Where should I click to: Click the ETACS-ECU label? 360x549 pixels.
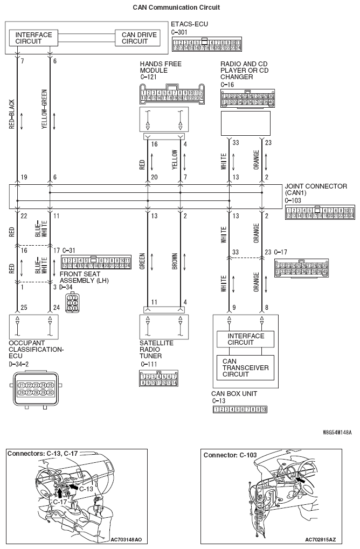[x=189, y=24]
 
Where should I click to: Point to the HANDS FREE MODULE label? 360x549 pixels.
[x=161, y=67]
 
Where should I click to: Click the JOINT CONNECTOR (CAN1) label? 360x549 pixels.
[x=315, y=190]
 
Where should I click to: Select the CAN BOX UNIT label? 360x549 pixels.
[x=234, y=394]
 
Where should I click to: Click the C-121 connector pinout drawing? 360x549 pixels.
[x=171, y=94]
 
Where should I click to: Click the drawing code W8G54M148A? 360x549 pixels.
[x=337, y=432]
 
